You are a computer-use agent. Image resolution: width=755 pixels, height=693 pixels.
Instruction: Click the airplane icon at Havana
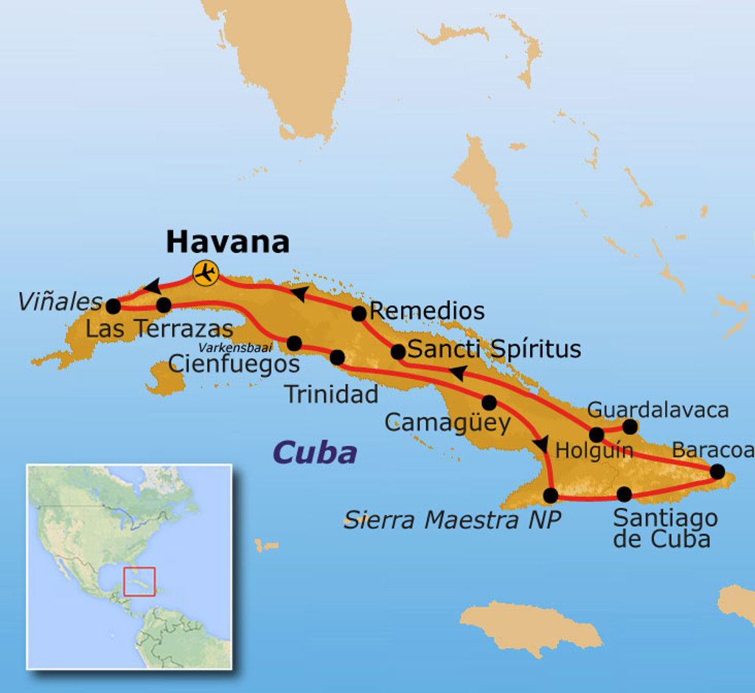point(205,273)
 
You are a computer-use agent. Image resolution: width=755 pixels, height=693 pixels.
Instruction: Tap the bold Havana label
point(227,242)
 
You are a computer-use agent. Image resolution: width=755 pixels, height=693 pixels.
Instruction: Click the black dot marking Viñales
point(113,305)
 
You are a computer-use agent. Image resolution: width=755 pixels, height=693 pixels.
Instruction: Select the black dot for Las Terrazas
point(164,304)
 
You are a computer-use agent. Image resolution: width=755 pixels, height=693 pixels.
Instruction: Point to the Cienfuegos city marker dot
point(294,343)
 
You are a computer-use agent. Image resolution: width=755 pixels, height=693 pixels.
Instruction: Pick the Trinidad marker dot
point(337,358)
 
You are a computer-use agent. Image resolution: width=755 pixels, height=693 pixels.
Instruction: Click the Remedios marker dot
point(359,313)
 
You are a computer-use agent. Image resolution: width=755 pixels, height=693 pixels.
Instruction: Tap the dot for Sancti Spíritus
point(397,352)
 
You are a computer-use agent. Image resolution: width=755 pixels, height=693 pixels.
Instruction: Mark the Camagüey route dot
point(489,403)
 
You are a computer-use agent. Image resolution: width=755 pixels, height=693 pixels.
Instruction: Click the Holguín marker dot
point(596,434)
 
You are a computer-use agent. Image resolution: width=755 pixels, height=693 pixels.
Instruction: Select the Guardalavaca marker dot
point(630,426)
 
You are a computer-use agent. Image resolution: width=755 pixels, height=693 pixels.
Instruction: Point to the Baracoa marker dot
point(717,471)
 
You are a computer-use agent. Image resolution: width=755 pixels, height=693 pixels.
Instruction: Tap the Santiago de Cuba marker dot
point(624,494)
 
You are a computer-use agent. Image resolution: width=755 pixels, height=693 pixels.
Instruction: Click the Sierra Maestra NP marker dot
point(550,495)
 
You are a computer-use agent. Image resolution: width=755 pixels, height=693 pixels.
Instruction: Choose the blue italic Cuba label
point(315,453)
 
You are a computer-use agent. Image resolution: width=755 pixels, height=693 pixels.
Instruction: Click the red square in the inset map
point(139,582)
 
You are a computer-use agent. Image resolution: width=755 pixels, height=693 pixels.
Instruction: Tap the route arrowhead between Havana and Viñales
point(152,286)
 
